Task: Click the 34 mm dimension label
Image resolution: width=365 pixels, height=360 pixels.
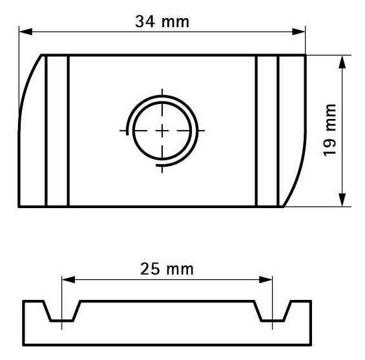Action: tap(162, 22)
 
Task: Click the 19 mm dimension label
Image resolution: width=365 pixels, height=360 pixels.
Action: tap(329, 131)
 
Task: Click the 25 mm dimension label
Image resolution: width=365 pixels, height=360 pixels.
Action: tap(167, 269)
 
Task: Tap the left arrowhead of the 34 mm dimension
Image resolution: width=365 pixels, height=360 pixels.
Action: tap(26, 32)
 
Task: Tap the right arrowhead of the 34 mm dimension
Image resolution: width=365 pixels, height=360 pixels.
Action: tap(298, 32)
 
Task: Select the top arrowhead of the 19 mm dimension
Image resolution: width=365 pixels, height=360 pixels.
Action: tap(342, 62)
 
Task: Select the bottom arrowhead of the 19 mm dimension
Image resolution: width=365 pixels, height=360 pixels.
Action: tap(342, 200)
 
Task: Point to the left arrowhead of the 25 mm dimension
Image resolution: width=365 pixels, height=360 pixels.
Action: tap(68, 280)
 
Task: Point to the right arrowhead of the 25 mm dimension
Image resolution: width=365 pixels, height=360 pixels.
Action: tap(266, 280)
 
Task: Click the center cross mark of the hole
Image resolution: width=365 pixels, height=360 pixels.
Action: tap(162, 131)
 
